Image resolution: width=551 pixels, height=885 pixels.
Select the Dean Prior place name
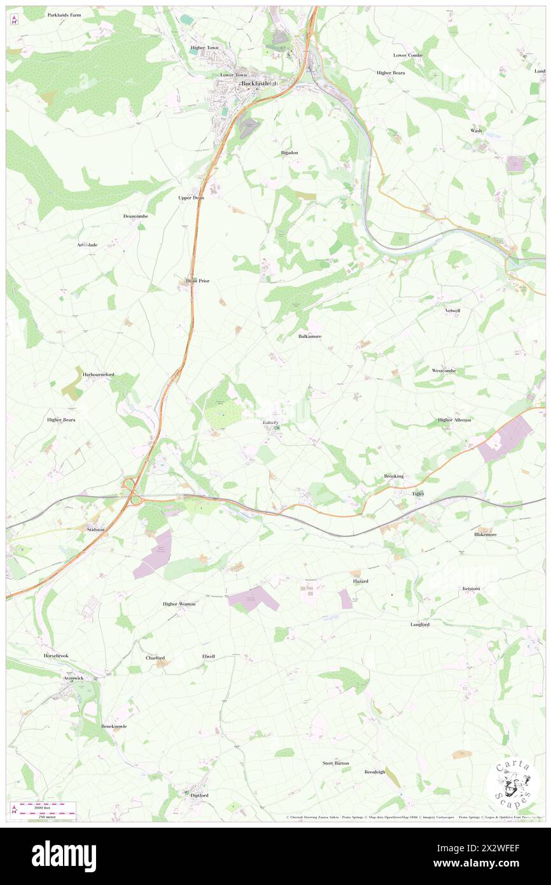[197, 280]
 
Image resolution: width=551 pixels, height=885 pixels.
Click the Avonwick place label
[74, 678]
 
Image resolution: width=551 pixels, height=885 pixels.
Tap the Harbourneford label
[99, 374]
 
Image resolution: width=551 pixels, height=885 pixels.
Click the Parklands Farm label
[64, 14]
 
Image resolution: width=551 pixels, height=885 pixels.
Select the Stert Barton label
[335, 763]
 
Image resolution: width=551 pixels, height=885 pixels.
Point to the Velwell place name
[452, 311]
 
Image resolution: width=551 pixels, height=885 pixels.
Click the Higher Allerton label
[454, 420]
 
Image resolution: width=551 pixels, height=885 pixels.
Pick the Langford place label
[420, 625]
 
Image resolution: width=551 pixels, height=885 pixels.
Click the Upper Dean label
[191, 197]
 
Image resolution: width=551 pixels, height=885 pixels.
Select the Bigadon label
[289, 153]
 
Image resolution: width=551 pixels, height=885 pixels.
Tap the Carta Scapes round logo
[513, 784]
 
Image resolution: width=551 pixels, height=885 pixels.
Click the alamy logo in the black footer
[64, 856]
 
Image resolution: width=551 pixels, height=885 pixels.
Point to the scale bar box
[44, 808]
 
